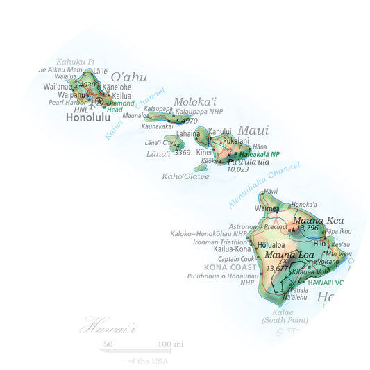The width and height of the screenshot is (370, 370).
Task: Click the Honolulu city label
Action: click(88, 117)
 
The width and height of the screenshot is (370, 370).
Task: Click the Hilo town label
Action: click(319, 244)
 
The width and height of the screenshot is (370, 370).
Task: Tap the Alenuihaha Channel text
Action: click(267, 185)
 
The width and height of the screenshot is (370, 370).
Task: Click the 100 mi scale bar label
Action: click(170, 344)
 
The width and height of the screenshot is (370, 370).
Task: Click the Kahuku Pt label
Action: click(75, 61)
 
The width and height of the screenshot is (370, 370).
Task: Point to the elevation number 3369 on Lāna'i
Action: click(182, 152)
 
